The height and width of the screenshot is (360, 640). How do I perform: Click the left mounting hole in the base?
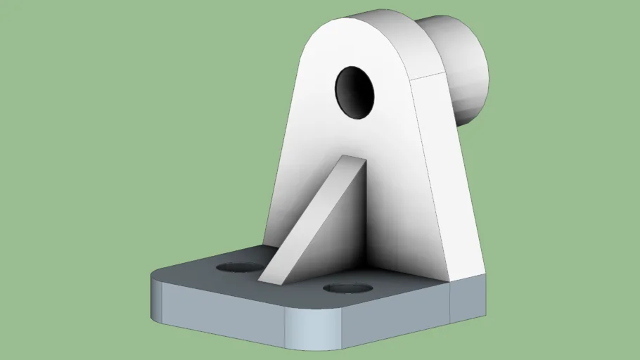click(236, 267)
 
